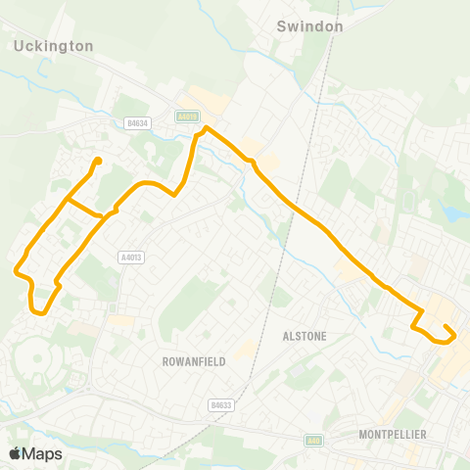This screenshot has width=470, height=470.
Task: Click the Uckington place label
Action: click(x=54, y=46)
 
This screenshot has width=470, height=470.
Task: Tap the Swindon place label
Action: click(x=309, y=26)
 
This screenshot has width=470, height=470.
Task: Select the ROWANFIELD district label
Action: click(x=193, y=361)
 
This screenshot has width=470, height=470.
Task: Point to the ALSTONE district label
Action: click(x=304, y=336)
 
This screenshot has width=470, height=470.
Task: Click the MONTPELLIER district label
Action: click(x=393, y=434)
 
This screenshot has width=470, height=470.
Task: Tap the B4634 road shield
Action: click(x=139, y=123)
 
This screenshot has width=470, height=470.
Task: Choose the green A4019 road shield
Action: click(x=186, y=116)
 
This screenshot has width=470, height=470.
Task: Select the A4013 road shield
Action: click(x=131, y=258)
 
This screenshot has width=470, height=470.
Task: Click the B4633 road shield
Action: click(x=221, y=403)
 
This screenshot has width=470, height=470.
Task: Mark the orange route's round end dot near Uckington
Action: click(x=98, y=161)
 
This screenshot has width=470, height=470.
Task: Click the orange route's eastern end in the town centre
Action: click(x=446, y=327)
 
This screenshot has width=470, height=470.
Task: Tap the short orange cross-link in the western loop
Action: click(x=84, y=208)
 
